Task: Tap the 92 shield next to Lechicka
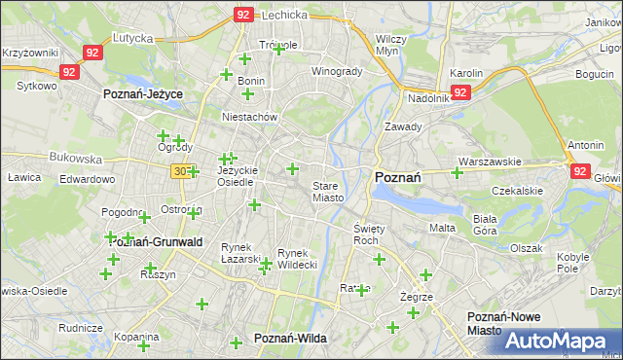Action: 243,15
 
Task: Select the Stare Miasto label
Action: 328,192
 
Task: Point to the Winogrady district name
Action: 336,72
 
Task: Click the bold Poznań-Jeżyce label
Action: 144,94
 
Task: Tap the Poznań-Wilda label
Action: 290,338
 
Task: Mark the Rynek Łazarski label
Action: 240,253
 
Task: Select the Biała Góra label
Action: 485,225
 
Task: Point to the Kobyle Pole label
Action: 573,263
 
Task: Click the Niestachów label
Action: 250,117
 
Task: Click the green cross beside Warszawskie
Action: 457,173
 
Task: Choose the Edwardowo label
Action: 87,180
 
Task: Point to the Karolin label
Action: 466,73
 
